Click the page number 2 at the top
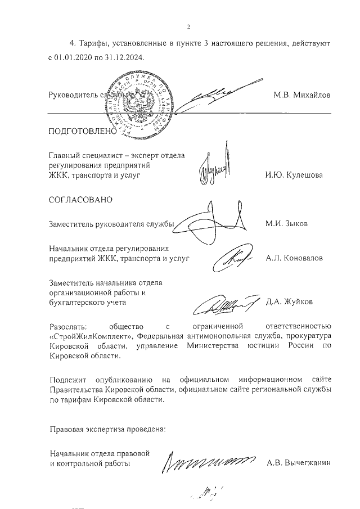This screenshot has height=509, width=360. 189,26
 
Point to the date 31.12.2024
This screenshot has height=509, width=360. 124,57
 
